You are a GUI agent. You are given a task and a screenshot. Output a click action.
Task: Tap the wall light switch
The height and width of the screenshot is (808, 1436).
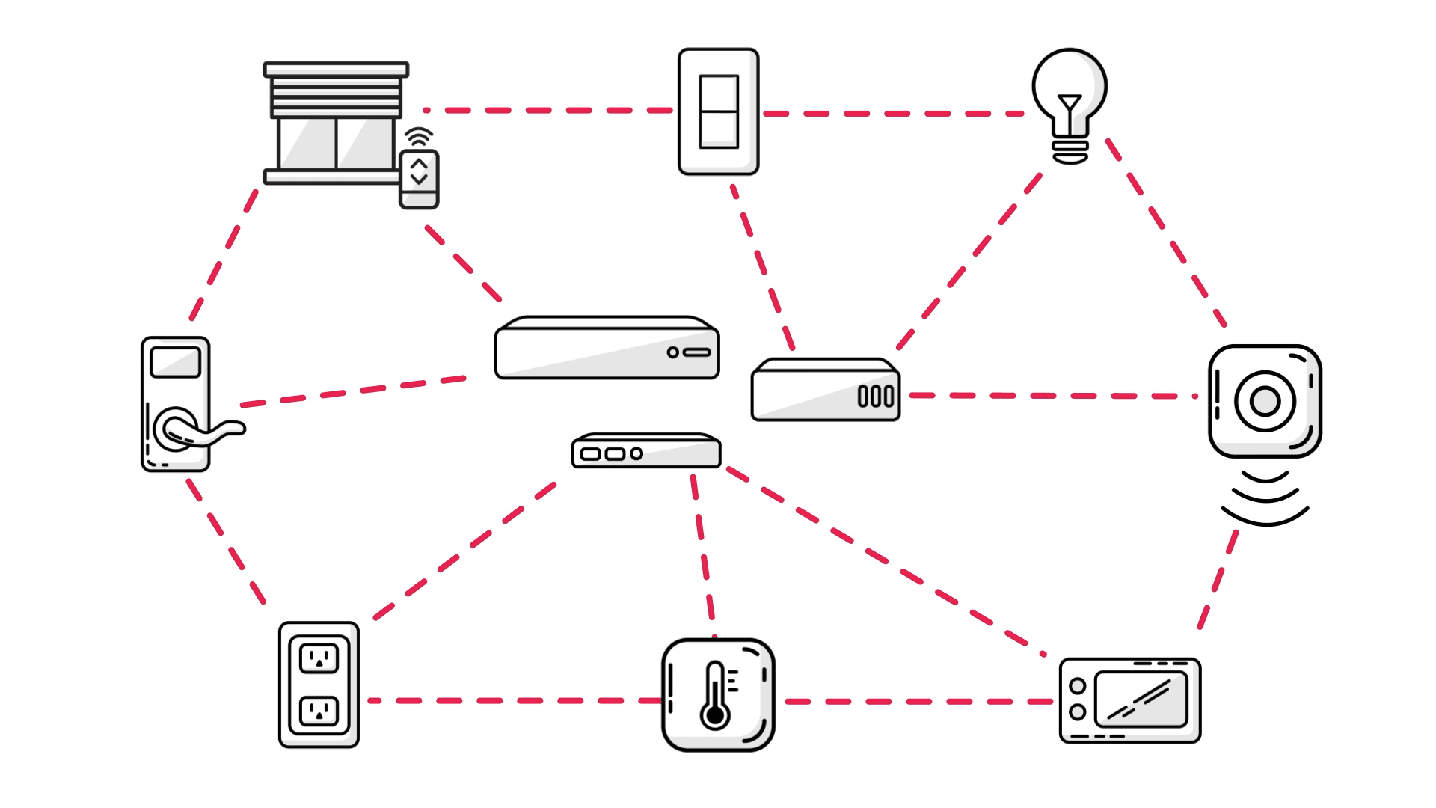(718, 111)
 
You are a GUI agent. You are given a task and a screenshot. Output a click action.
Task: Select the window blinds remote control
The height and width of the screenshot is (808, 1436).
(419, 179)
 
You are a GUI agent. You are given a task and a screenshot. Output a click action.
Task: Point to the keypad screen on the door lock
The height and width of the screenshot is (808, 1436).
(176, 363)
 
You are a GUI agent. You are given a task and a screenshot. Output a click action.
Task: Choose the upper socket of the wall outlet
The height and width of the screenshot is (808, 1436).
(319, 658)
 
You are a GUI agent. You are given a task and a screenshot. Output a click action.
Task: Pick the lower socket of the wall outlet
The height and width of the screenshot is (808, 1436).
(319, 711)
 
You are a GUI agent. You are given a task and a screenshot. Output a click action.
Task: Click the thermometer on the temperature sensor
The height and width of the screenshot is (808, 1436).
(716, 696)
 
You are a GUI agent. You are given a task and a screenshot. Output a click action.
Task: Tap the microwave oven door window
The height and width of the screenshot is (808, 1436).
(1141, 700)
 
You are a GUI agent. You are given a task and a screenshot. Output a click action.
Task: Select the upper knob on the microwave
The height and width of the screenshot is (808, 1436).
(1078, 685)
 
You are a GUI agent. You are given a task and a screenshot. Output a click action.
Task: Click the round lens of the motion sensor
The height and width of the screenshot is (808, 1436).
(1265, 401)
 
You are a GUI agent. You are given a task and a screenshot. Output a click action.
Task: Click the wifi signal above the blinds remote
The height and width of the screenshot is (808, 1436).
(419, 137)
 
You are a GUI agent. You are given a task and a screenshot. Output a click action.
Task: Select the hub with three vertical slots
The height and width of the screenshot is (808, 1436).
(826, 391)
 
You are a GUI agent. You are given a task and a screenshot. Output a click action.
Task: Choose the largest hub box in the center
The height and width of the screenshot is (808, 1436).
(607, 349)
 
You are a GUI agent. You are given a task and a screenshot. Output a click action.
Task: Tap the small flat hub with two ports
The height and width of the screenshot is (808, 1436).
(646, 451)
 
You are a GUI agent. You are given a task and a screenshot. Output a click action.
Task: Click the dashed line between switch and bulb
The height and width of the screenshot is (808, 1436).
(894, 114)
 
